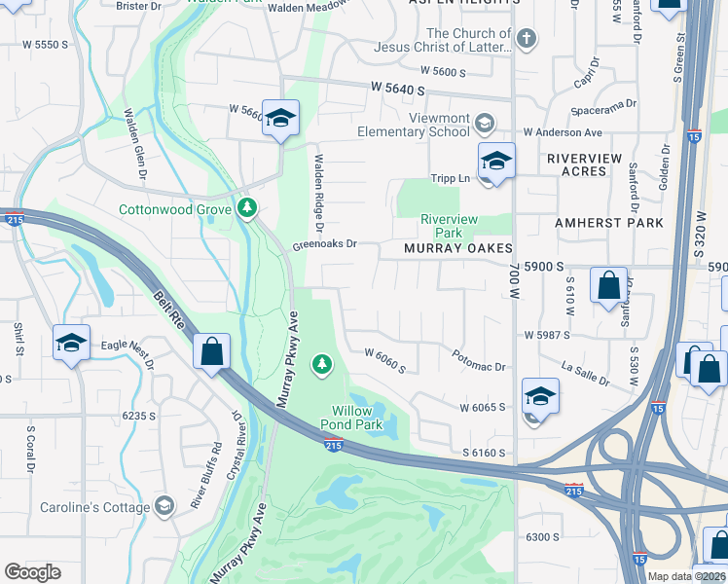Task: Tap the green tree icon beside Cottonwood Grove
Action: (247, 208)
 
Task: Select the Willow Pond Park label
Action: (351, 418)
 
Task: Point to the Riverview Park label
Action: (449, 226)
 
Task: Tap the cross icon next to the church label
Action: (526, 39)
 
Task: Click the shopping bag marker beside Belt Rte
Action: (211, 352)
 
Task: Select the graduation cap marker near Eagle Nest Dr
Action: (72, 344)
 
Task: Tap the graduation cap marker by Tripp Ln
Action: (496, 162)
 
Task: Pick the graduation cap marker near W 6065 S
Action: (540, 396)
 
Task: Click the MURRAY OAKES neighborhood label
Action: (458, 248)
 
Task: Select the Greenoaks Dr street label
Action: (325, 244)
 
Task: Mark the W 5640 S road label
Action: (398, 89)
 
